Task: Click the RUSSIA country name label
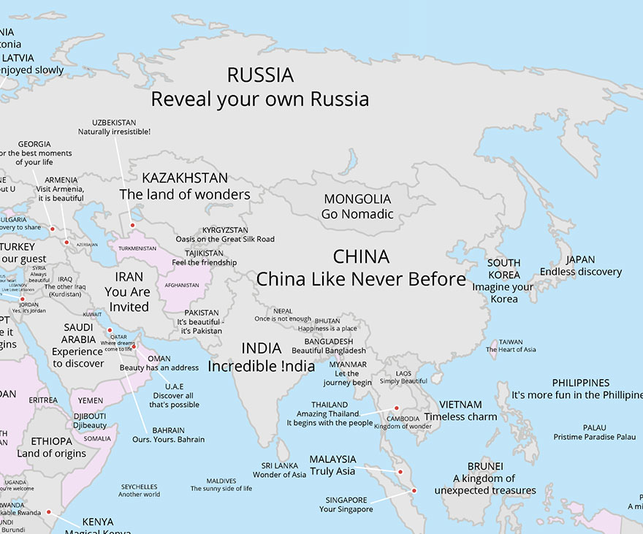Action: [x=260, y=75]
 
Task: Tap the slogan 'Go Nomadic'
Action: [x=357, y=214]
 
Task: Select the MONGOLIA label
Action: [x=357, y=199]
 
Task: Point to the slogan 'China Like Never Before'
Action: [x=361, y=279]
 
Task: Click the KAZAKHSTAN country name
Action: [x=185, y=178]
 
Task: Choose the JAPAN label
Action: [x=580, y=259]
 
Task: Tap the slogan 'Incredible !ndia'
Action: [x=261, y=366]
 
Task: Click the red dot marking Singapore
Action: [x=414, y=491]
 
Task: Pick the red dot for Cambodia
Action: [x=397, y=408]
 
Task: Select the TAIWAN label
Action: [x=511, y=341]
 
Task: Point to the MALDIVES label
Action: [x=221, y=481]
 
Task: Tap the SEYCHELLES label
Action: [x=139, y=487]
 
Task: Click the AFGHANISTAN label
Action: [x=182, y=285]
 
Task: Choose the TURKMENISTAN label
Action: [x=137, y=248]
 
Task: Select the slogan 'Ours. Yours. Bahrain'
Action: [x=168, y=439]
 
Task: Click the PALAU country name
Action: [x=594, y=427]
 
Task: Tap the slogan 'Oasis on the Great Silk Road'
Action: [x=225, y=239]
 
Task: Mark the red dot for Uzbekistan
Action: [x=132, y=226]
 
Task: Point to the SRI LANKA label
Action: [x=278, y=465]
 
